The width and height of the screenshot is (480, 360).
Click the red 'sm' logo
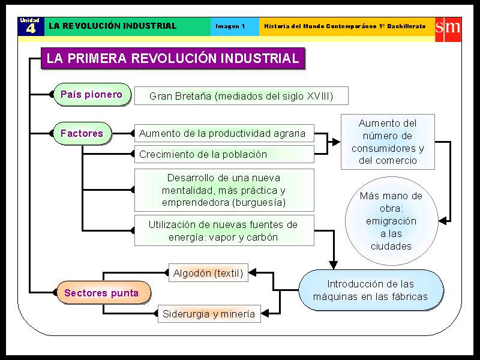click(448, 27)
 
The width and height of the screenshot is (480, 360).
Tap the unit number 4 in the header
click(31, 29)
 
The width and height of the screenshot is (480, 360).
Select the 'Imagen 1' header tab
click(231, 26)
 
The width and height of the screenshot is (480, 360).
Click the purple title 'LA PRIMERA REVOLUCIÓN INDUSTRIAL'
click(173, 59)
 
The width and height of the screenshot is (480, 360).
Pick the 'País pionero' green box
click(92, 95)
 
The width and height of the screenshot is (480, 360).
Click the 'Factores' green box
click(82, 133)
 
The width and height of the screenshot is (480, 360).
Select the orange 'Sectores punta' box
click(102, 293)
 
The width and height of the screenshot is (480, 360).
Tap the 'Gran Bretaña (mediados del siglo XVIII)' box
click(241, 96)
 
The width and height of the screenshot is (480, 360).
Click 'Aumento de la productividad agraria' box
click(223, 133)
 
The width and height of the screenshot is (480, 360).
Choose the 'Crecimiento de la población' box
click(223, 154)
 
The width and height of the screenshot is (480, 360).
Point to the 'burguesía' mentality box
click(223, 190)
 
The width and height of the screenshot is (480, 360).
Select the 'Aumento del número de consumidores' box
click(388, 142)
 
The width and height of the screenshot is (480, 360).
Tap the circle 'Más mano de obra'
click(391, 221)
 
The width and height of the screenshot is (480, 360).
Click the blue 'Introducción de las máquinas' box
click(371, 290)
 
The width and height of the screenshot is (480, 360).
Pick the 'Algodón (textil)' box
click(208, 273)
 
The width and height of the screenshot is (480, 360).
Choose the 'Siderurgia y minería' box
click(209, 314)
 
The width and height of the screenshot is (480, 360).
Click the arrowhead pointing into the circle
click(443, 221)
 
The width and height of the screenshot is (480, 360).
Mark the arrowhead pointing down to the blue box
click(334, 265)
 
